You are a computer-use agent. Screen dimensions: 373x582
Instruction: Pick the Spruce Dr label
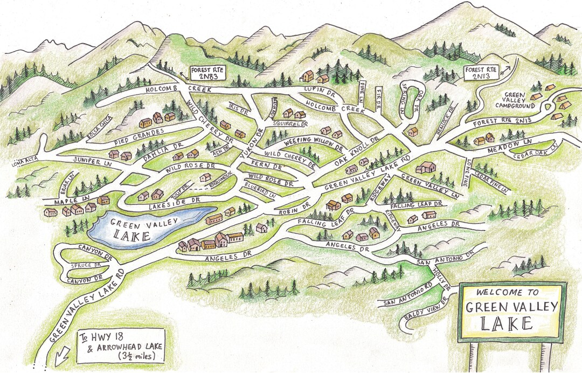(x=87, y=266)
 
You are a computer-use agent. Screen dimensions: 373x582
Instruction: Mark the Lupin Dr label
(x=317, y=88)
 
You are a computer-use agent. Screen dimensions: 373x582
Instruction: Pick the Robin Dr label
(x=295, y=209)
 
